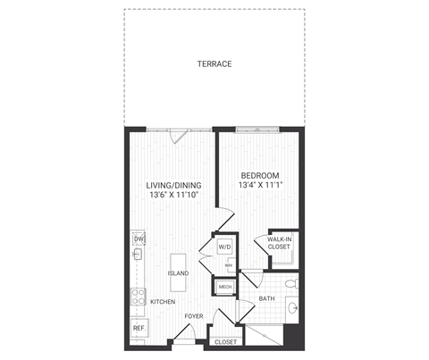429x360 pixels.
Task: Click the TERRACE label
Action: click(x=214, y=64)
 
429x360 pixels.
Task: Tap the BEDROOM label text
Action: click(x=259, y=175)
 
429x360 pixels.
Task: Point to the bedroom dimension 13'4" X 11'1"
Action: click(x=259, y=186)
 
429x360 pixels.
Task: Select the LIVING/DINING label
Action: click(x=172, y=187)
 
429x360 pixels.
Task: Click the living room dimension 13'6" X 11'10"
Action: click(x=172, y=197)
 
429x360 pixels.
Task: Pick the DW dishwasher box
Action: click(x=139, y=239)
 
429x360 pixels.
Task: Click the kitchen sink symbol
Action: click(x=139, y=255)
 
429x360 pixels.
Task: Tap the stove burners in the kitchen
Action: click(x=139, y=296)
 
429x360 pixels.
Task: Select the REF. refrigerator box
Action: click(x=139, y=328)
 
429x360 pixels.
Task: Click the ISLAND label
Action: click(x=177, y=273)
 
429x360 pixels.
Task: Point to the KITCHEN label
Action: click(x=162, y=302)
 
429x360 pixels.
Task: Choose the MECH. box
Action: click(x=223, y=287)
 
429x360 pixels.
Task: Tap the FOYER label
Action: click(x=194, y=316)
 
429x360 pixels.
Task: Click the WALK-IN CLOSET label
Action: click(x=280, y=243)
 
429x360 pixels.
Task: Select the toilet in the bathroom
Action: click(x=290, y=284)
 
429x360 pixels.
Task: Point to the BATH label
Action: click(x=266, y=298)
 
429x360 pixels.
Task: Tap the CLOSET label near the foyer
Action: click(x=225, y=341)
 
